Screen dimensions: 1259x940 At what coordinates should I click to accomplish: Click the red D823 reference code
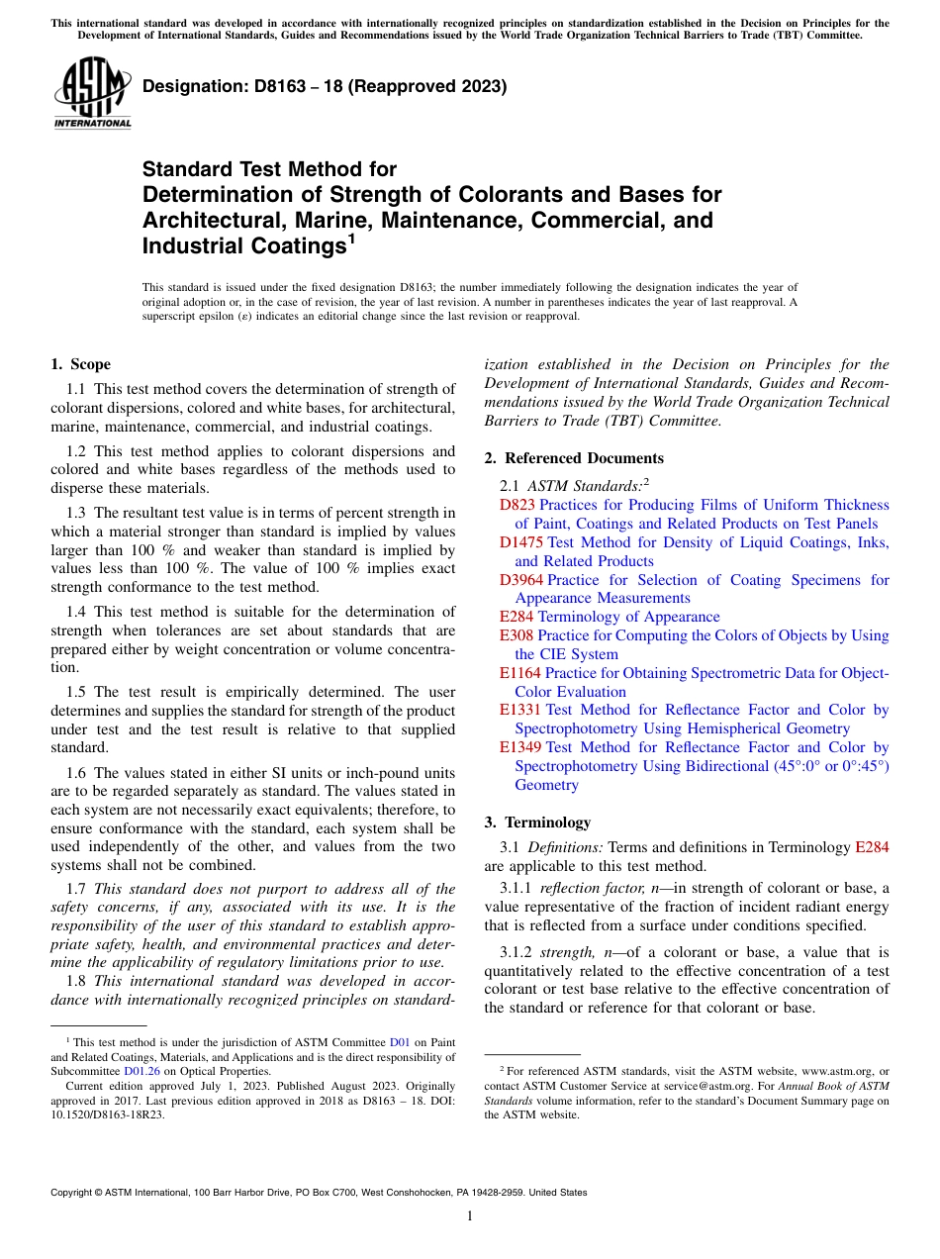click(x=517, y=505)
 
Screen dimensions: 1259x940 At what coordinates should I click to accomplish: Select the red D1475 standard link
click(x=521, y=542)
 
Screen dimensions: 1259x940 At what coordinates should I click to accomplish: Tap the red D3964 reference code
click(x=521, y=580)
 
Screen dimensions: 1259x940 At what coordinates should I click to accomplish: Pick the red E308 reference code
click(x=517, y=635)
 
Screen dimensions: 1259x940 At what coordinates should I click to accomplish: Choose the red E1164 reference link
click(x=520, y=673)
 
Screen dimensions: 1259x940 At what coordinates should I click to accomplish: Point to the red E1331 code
click(x=520, y=710)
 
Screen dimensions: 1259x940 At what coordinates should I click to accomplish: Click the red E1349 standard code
click(x=520, y=747)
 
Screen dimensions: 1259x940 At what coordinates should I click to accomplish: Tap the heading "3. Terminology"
click(x=537, y=822)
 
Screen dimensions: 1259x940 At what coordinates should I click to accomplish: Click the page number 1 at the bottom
click(x=470, y=1216)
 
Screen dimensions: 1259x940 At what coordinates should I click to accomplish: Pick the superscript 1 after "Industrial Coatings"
click(x=350, y=238)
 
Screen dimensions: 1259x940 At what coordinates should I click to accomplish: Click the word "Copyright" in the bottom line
click(x=75, y=1193)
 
